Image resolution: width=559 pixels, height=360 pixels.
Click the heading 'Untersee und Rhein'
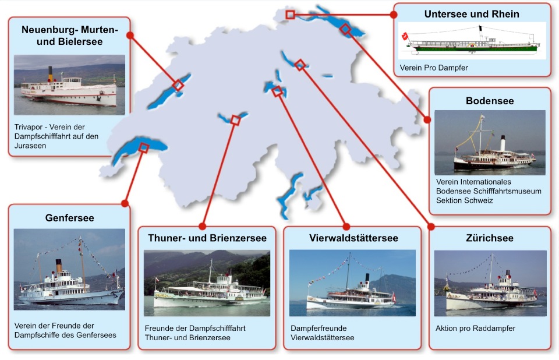coord(472,14)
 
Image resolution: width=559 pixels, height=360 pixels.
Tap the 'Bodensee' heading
coord(490,101)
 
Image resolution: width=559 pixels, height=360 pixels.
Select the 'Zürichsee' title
coord(490,238)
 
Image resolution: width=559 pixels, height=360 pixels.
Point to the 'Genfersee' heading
coord(69,218)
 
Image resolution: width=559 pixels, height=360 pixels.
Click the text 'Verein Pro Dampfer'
coord(434,68)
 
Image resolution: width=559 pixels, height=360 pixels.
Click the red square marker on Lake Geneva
coord(144,148)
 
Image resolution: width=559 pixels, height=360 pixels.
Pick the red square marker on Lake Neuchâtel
coord(178,86)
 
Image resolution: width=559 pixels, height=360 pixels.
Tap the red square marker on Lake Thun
coord(235,121)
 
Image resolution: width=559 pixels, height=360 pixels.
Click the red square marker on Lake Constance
coord(345,29)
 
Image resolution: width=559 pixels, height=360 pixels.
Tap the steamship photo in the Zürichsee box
coord(490,284)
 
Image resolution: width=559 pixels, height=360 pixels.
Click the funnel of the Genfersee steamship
coord(58,266)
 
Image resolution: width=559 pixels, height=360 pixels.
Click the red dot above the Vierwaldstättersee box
coord(346,226)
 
